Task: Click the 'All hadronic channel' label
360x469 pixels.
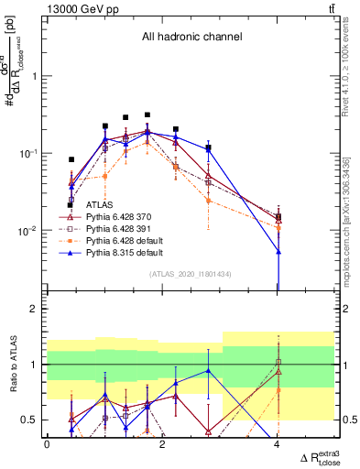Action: (191, 38)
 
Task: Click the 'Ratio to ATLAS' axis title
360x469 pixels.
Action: (13, 364)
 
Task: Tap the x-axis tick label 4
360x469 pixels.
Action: (278, 444)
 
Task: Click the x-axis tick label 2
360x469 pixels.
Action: (162, 444)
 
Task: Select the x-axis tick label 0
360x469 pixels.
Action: (47, 444)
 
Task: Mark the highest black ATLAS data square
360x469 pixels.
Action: (147, 115)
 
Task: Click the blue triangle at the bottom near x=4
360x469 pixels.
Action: (278, 251)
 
